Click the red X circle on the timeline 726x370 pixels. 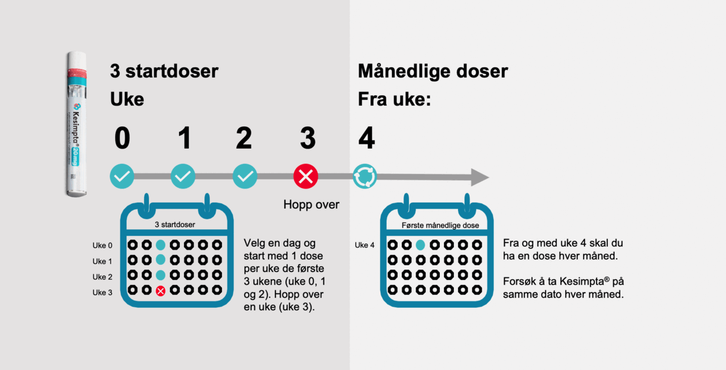coord(306,177)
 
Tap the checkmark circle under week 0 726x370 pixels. coord(122,177)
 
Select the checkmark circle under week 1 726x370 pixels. coord(183,177)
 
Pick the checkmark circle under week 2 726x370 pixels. coord(244,177)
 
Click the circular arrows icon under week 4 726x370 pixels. coord(365,177)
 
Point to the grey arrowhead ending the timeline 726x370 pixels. coord(479,177)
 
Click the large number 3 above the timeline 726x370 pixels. coord(307,138)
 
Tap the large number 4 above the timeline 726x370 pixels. coord(366,138)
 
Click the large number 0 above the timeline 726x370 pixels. coord(122,138)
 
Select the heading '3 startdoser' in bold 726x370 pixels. coord(164,72)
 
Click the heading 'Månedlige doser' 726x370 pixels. coord(433,72)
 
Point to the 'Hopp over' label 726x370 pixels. coord(311,205)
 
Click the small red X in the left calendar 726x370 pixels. coord(160,291)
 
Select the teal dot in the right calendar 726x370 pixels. coord(420,245)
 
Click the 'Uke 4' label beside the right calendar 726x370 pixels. coord(364,245)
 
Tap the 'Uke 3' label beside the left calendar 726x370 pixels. coord(102,292)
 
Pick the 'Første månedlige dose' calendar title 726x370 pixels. coord(440,226)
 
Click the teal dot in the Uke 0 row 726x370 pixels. coord(160,245)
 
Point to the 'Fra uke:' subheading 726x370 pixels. coord(394,100)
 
